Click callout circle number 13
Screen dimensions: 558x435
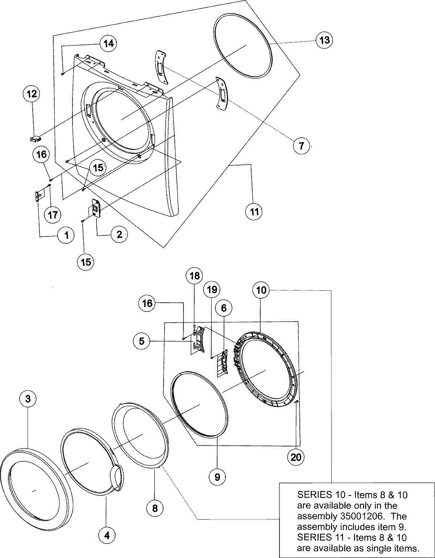pos(324,39)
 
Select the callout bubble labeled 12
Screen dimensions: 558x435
pos(32,94)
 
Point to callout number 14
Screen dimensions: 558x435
pos(108,43)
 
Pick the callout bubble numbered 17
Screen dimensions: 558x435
pos(52,214)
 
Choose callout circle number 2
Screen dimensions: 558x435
pos(119,234)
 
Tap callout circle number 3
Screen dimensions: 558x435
pos(28,399)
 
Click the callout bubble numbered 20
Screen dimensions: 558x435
pos(296,457)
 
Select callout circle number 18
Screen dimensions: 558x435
pos(195,276)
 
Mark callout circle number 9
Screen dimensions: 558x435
pos(217,477)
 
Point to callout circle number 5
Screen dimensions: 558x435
pos(142,341)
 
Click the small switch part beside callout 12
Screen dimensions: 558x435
pos(35,138)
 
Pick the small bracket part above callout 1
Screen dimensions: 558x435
pos(38,196)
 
